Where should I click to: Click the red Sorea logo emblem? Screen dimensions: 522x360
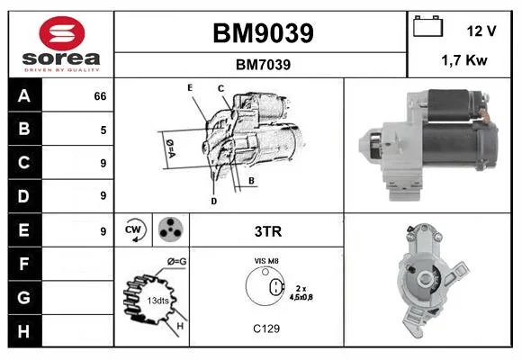(x=62, y=33)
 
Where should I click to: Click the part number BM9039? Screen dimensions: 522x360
(x=263, y=33)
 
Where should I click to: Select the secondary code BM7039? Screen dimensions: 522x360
(x=263, y=65)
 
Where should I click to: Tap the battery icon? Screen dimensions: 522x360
(x=427, y=26)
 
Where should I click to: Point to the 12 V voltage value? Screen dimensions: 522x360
(x=481, y=31)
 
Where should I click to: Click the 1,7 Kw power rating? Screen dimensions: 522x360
(x=464, y=60)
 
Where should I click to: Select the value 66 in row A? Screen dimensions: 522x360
(x=100, y=96)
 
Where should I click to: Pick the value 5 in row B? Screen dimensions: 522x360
(x=103, y=130)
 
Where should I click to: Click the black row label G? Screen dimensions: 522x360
(x=24, y=297)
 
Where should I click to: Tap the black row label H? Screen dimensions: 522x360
(x=24, y=331)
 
